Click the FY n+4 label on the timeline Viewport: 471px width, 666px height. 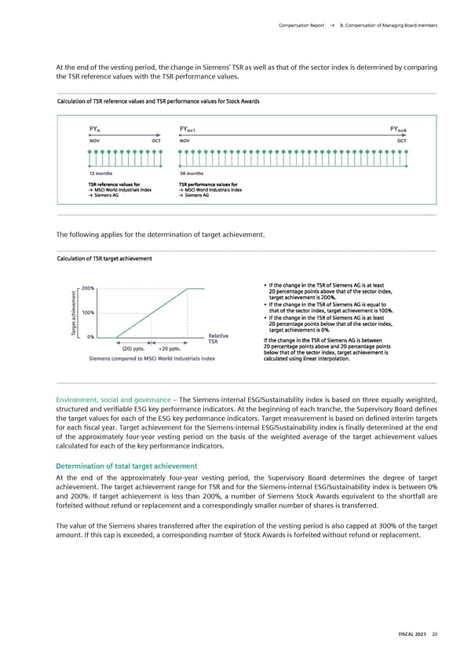point(398,130)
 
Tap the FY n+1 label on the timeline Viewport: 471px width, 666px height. point(189,130)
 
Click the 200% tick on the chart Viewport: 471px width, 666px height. point(88,288)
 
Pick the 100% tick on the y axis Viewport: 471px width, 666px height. point(88,313)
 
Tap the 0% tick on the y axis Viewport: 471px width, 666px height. point(91,337)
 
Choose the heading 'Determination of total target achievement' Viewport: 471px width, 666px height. point(126,466)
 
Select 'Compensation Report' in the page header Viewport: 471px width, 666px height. point(301,26)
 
